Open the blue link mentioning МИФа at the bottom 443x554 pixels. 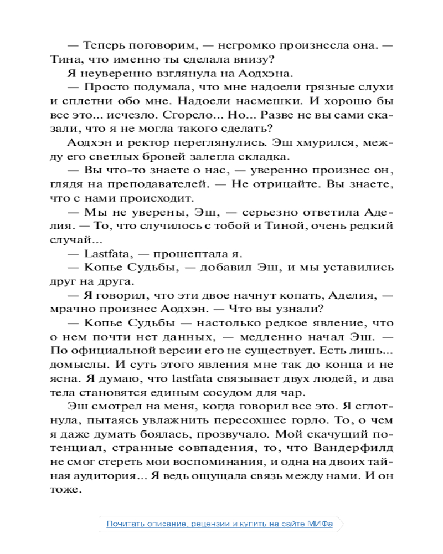(220, 524)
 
